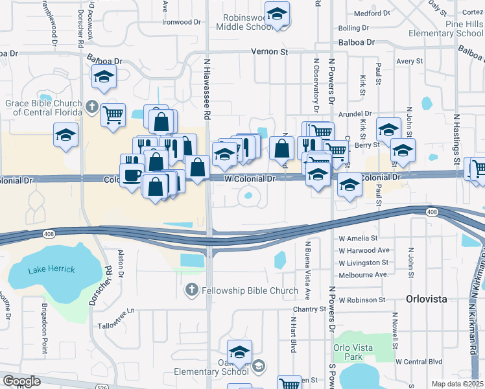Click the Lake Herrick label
click(x=51, y=269)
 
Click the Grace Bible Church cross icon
click(x=92, y=106)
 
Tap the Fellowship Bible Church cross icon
click(x=191, y=290)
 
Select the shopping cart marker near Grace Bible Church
click(x=113, y=115)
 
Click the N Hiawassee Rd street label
click(x=208, y=97)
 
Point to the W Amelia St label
click(x=358, y=238)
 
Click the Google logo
click(x=22, y=381)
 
